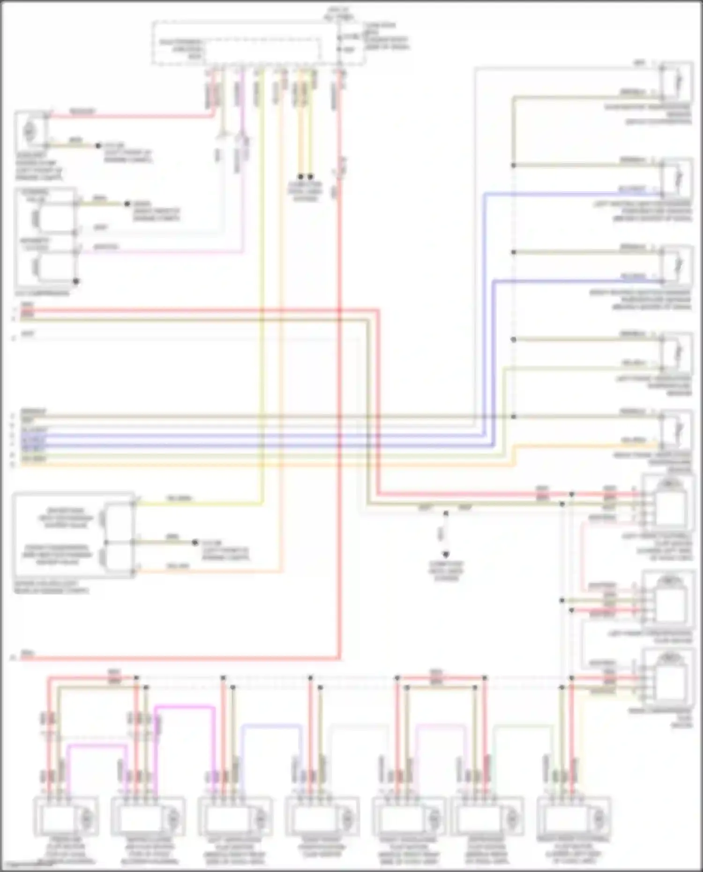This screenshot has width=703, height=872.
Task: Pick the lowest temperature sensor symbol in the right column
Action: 676,430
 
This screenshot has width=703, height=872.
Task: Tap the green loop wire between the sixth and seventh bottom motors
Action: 524,726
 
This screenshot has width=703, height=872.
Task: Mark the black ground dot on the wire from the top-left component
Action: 98,146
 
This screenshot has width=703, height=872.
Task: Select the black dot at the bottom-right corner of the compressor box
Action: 76,282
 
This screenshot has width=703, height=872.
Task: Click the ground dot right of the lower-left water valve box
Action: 195,543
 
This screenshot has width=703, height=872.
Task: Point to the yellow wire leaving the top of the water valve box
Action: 197,504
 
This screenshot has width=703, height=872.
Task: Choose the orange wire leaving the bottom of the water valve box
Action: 206,571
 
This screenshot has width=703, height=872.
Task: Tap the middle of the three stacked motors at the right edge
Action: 668,600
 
